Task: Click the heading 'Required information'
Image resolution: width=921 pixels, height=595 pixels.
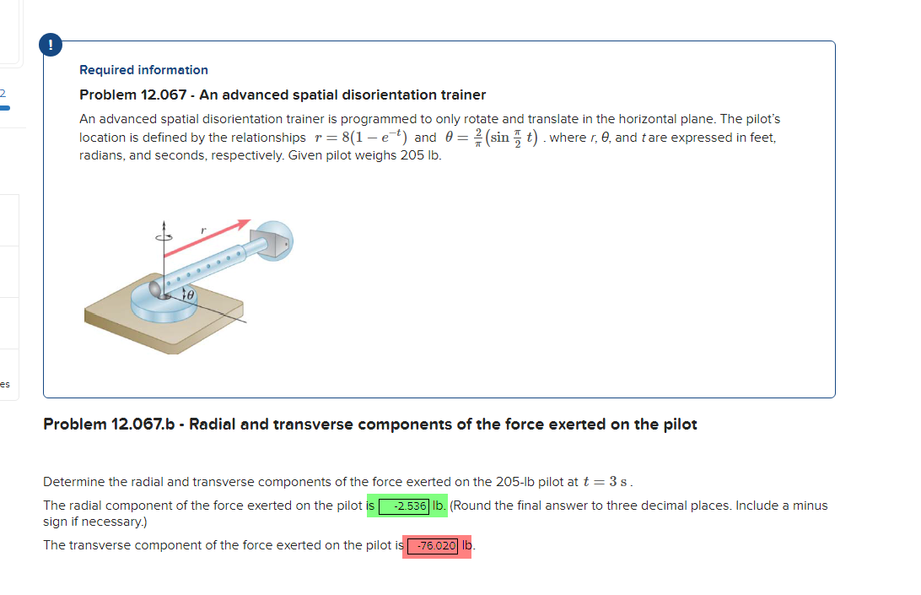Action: (x=143, y=70)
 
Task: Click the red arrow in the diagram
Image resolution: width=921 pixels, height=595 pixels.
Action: (x=207, y=238)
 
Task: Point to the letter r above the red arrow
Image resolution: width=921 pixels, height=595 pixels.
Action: (x=202, y=229)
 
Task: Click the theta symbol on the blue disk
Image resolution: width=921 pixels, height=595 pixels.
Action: (x=190, y=296)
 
